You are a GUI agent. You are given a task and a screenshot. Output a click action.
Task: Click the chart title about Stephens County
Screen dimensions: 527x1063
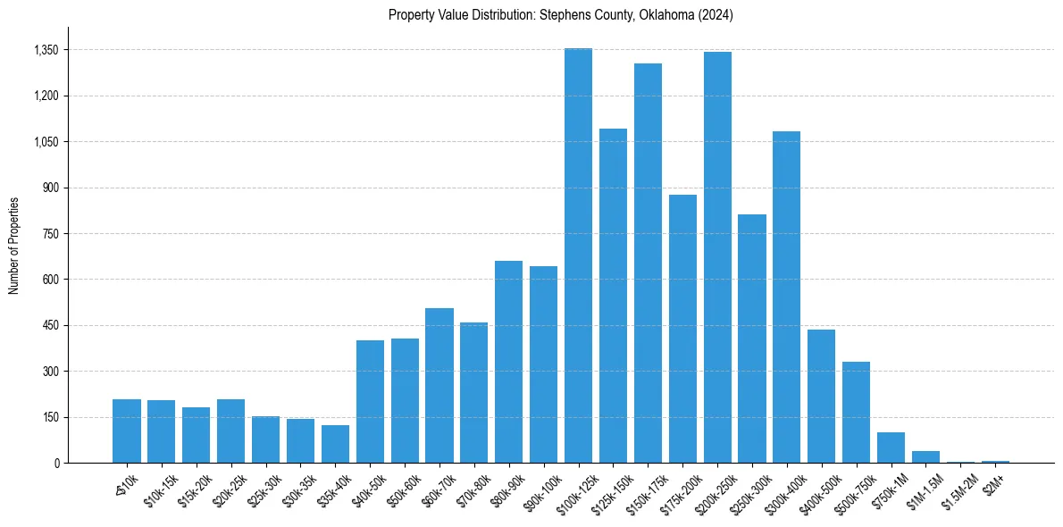560,14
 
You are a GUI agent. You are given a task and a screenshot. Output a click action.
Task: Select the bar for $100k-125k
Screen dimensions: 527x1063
578,255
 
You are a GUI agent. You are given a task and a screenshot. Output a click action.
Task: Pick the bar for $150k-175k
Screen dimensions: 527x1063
648,263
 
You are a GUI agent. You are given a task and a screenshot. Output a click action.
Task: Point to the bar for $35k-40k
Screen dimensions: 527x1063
335,444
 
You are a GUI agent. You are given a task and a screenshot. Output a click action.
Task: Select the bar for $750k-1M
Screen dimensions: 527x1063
891,448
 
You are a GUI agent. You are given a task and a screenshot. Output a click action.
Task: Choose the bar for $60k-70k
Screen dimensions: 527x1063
439,386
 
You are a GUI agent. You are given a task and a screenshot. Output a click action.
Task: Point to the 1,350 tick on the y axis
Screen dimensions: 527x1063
46,50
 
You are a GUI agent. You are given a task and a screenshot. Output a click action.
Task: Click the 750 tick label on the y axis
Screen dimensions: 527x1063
50,234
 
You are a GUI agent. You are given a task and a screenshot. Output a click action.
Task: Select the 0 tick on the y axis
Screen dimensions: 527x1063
55,464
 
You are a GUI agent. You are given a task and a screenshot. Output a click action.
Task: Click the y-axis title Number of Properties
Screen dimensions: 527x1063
14,246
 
